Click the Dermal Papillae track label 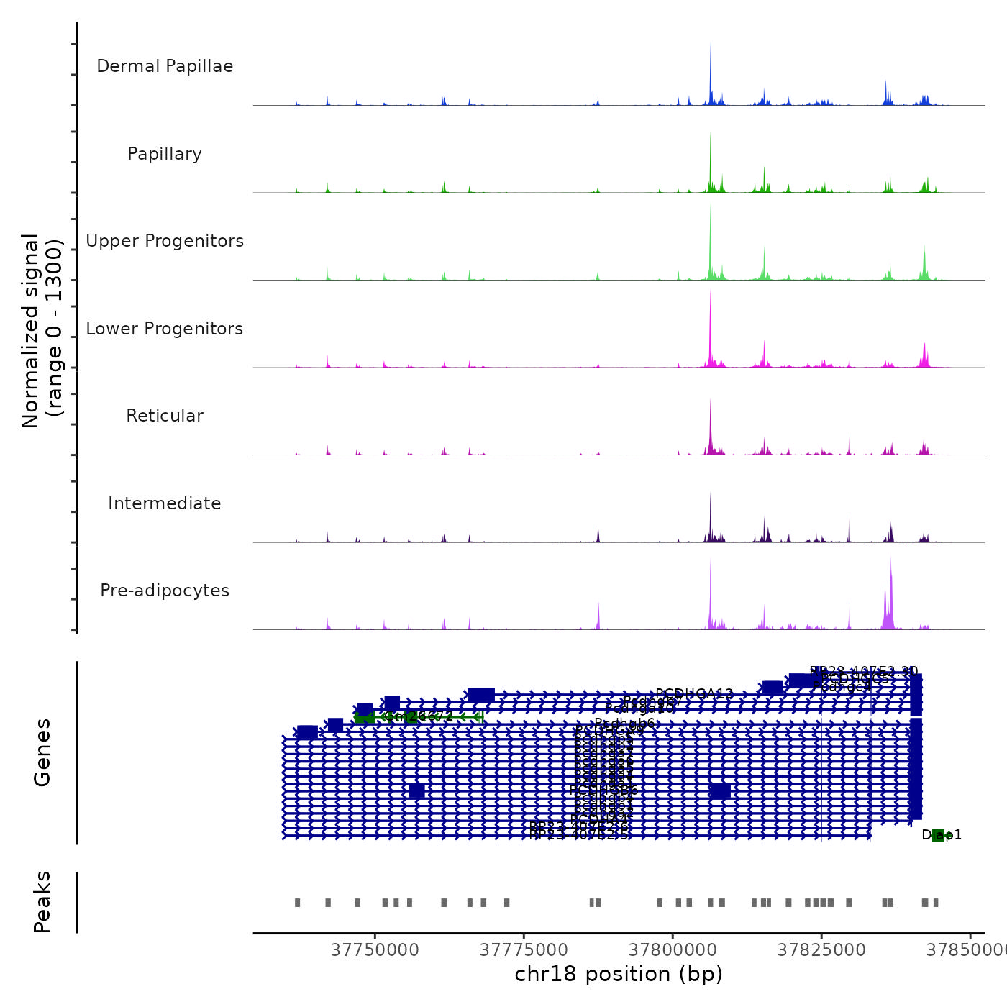(x=165, y=66)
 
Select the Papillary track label (x=165, y=154)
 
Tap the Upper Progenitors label (x=165, y=241)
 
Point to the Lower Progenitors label (x=165, y=329)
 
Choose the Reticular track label (x=165, y=416)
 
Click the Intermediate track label (x=165, y=503)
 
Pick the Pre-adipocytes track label (x=165, y=591)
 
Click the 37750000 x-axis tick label (x=375, y=949)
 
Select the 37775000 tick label (x=524, y=949)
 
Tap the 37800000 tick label (x=673, y=949)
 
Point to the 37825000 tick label (x=821, y=949)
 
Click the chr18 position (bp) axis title (x=619, y=974)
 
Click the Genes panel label (x=42, y=752)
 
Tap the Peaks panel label (x=42, y=902)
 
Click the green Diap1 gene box (x=938, y=835)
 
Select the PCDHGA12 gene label (x=694, y=694)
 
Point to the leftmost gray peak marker (x=297, y=903)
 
